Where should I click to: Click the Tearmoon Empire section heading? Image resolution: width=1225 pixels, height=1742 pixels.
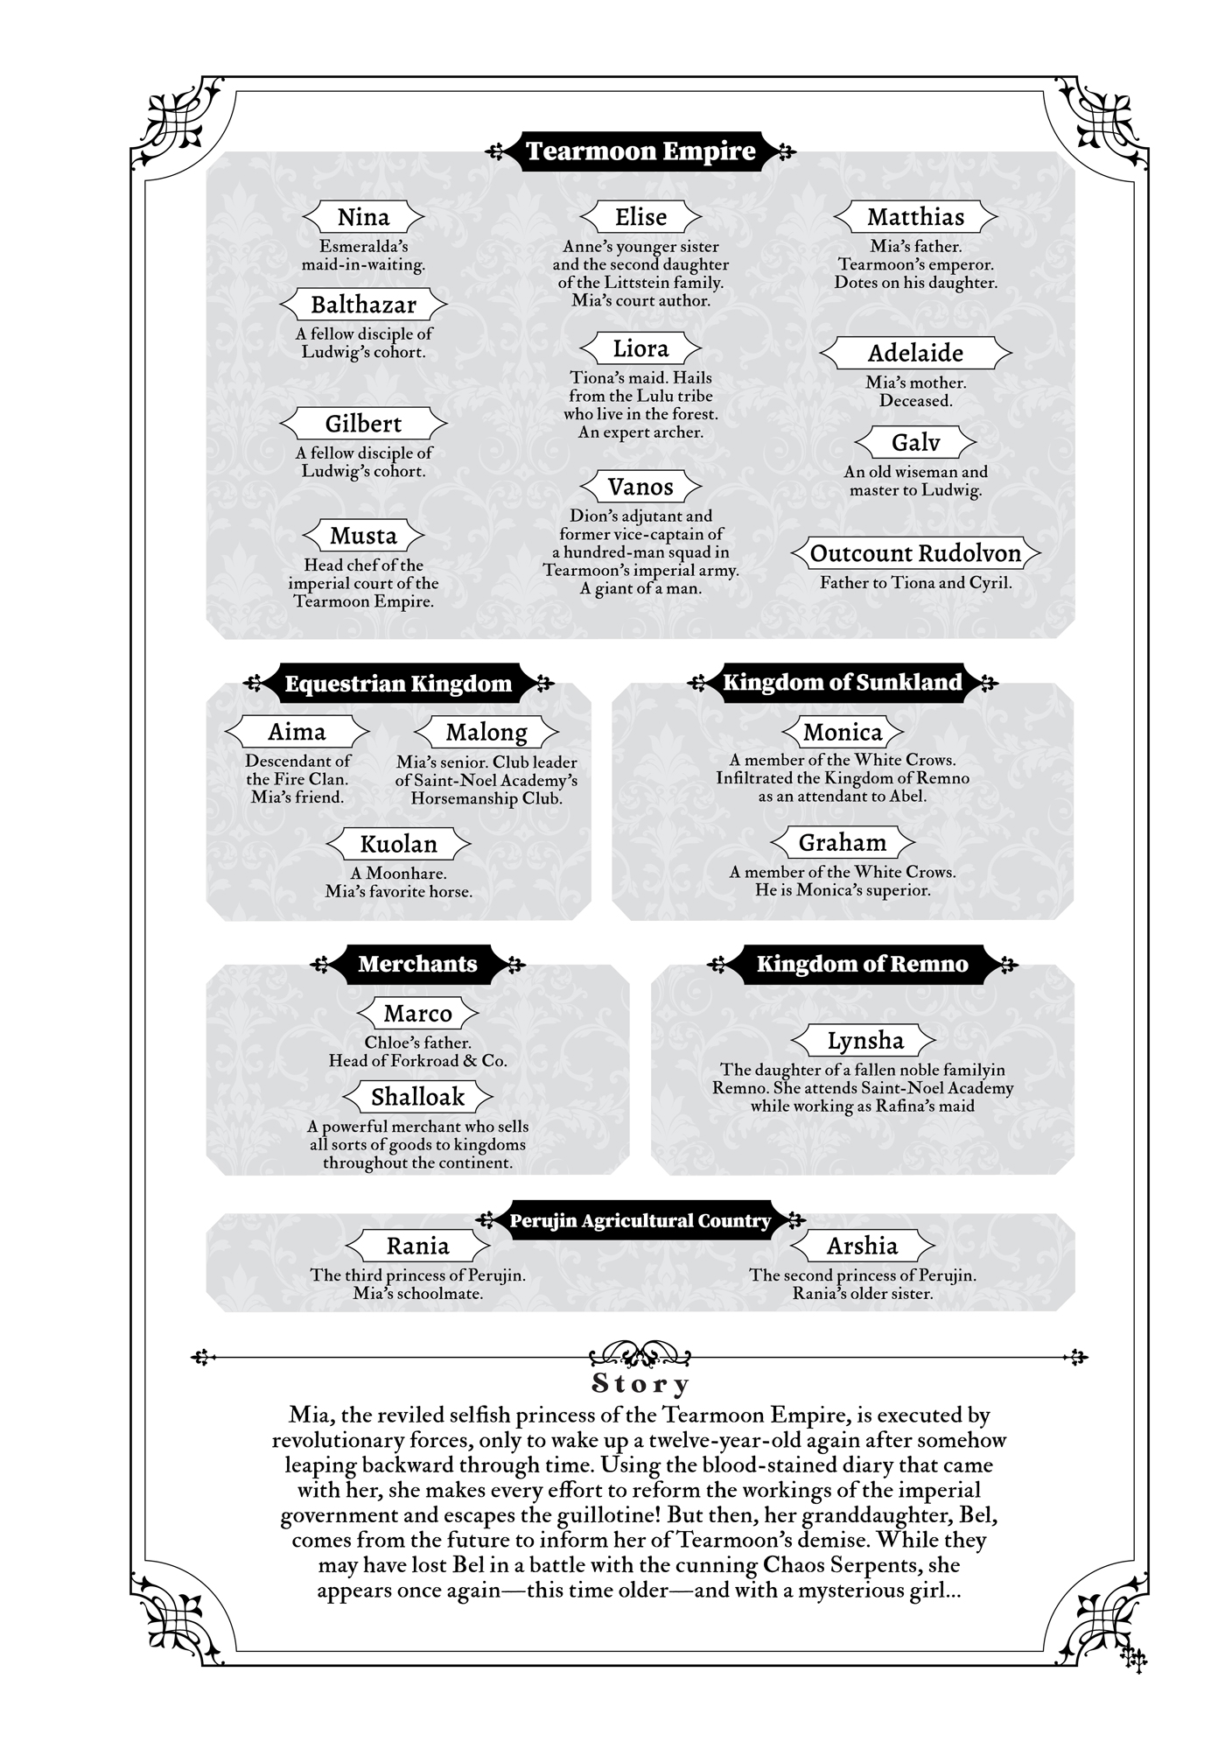640,151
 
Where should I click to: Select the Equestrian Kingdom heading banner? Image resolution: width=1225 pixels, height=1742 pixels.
398,684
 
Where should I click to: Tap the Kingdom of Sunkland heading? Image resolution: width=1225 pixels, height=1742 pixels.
842,683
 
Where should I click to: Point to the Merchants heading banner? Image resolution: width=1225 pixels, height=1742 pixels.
417,964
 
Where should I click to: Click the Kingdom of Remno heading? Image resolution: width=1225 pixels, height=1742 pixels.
862,964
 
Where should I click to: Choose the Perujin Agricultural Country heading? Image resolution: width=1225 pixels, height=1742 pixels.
640,1220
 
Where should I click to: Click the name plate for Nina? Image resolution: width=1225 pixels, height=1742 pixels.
363,217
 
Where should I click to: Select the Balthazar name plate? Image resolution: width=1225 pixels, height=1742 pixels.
363,305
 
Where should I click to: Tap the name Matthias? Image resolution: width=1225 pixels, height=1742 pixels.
915,217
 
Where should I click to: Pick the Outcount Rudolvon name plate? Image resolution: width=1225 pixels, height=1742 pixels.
915,553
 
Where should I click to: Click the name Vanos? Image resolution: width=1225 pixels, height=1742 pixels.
640,487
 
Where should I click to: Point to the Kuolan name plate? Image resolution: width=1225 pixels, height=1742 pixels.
398,844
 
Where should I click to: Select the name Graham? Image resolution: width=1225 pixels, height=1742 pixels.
842,842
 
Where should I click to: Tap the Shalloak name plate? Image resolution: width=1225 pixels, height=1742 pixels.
417,1097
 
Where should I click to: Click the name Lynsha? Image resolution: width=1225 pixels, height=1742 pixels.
864,1041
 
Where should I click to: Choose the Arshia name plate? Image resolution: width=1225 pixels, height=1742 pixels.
862,1246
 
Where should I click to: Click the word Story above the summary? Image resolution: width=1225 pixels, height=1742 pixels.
640,1384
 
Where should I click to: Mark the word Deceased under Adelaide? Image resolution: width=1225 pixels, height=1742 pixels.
915,401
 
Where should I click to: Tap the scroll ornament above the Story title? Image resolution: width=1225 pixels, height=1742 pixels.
640,1356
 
